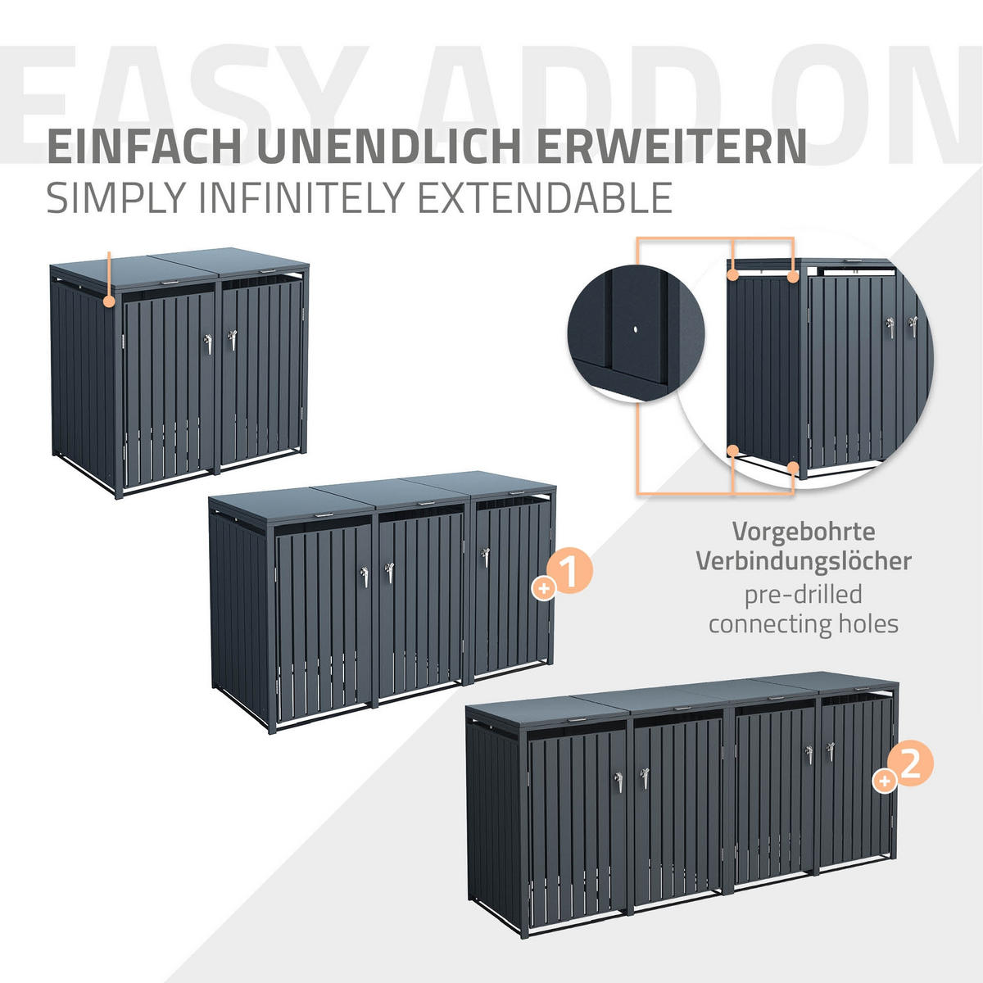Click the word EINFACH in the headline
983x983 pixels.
coord(144,147)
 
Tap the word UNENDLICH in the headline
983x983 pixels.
coord(392,147)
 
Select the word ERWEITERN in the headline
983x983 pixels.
coord(672,147)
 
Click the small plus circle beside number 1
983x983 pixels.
coord(544,589)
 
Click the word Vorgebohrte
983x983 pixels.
coord(804,532)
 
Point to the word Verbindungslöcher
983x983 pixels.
coord(804,561)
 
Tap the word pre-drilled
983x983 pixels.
coord(804,595)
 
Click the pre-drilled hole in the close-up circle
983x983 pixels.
coord(635,329)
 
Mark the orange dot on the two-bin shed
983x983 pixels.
coord(109,301)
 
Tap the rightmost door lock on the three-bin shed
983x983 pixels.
coord(485,558)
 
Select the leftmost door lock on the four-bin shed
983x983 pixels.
coord(618,782)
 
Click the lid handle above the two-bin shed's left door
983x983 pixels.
coord(170,282)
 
